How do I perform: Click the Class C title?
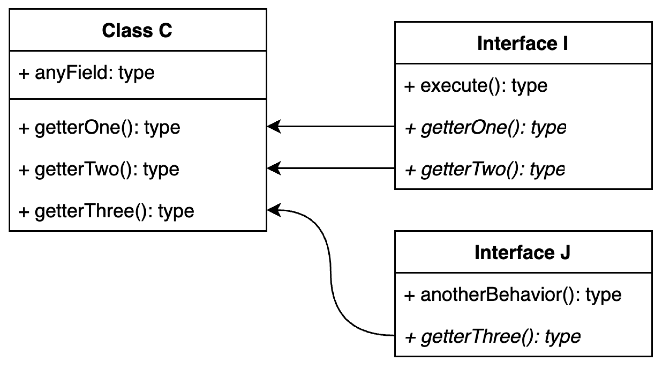137,31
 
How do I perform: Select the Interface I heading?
523,44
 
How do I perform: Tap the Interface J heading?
522,252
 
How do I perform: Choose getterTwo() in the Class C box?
99,169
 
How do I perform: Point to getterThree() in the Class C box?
106,211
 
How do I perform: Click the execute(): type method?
476,86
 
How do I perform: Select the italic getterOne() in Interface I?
485,128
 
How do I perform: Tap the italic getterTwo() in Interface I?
484,169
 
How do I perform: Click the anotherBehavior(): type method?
513,295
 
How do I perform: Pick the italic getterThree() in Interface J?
492,336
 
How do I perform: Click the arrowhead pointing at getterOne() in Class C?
274,126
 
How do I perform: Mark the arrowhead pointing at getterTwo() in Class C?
274,168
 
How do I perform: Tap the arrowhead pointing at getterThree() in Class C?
274,210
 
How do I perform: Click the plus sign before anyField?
24,74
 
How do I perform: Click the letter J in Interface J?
565,252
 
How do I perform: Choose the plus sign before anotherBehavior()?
410,295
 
